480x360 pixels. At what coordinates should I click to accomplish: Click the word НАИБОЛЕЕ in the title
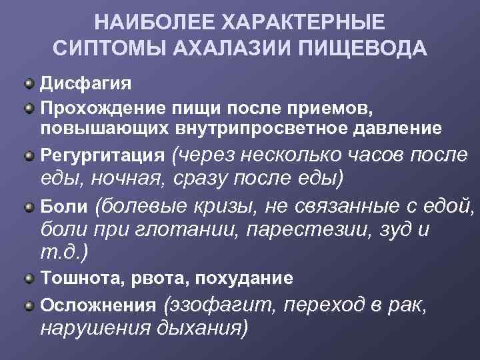click(x=139, y=22)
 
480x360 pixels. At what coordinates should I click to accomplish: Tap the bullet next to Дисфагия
click(x=30, y=84)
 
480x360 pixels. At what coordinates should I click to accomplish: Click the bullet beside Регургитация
click(x=30, y=155)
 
